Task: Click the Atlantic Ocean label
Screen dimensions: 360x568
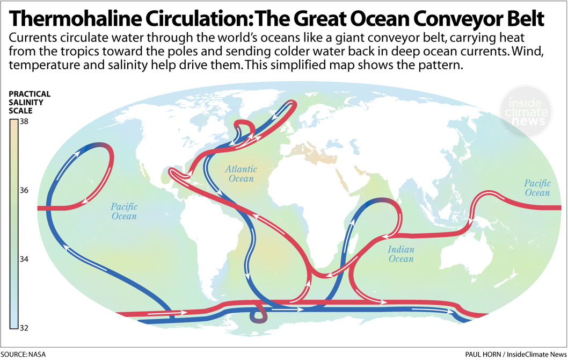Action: coord(241,174)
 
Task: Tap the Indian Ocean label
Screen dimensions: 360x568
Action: coord(401,254)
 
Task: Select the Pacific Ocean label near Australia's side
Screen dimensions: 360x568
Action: coord(537,188)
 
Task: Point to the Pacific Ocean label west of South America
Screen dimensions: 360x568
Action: coord(124,211)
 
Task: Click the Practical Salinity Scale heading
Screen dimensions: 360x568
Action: coord(29,102)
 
